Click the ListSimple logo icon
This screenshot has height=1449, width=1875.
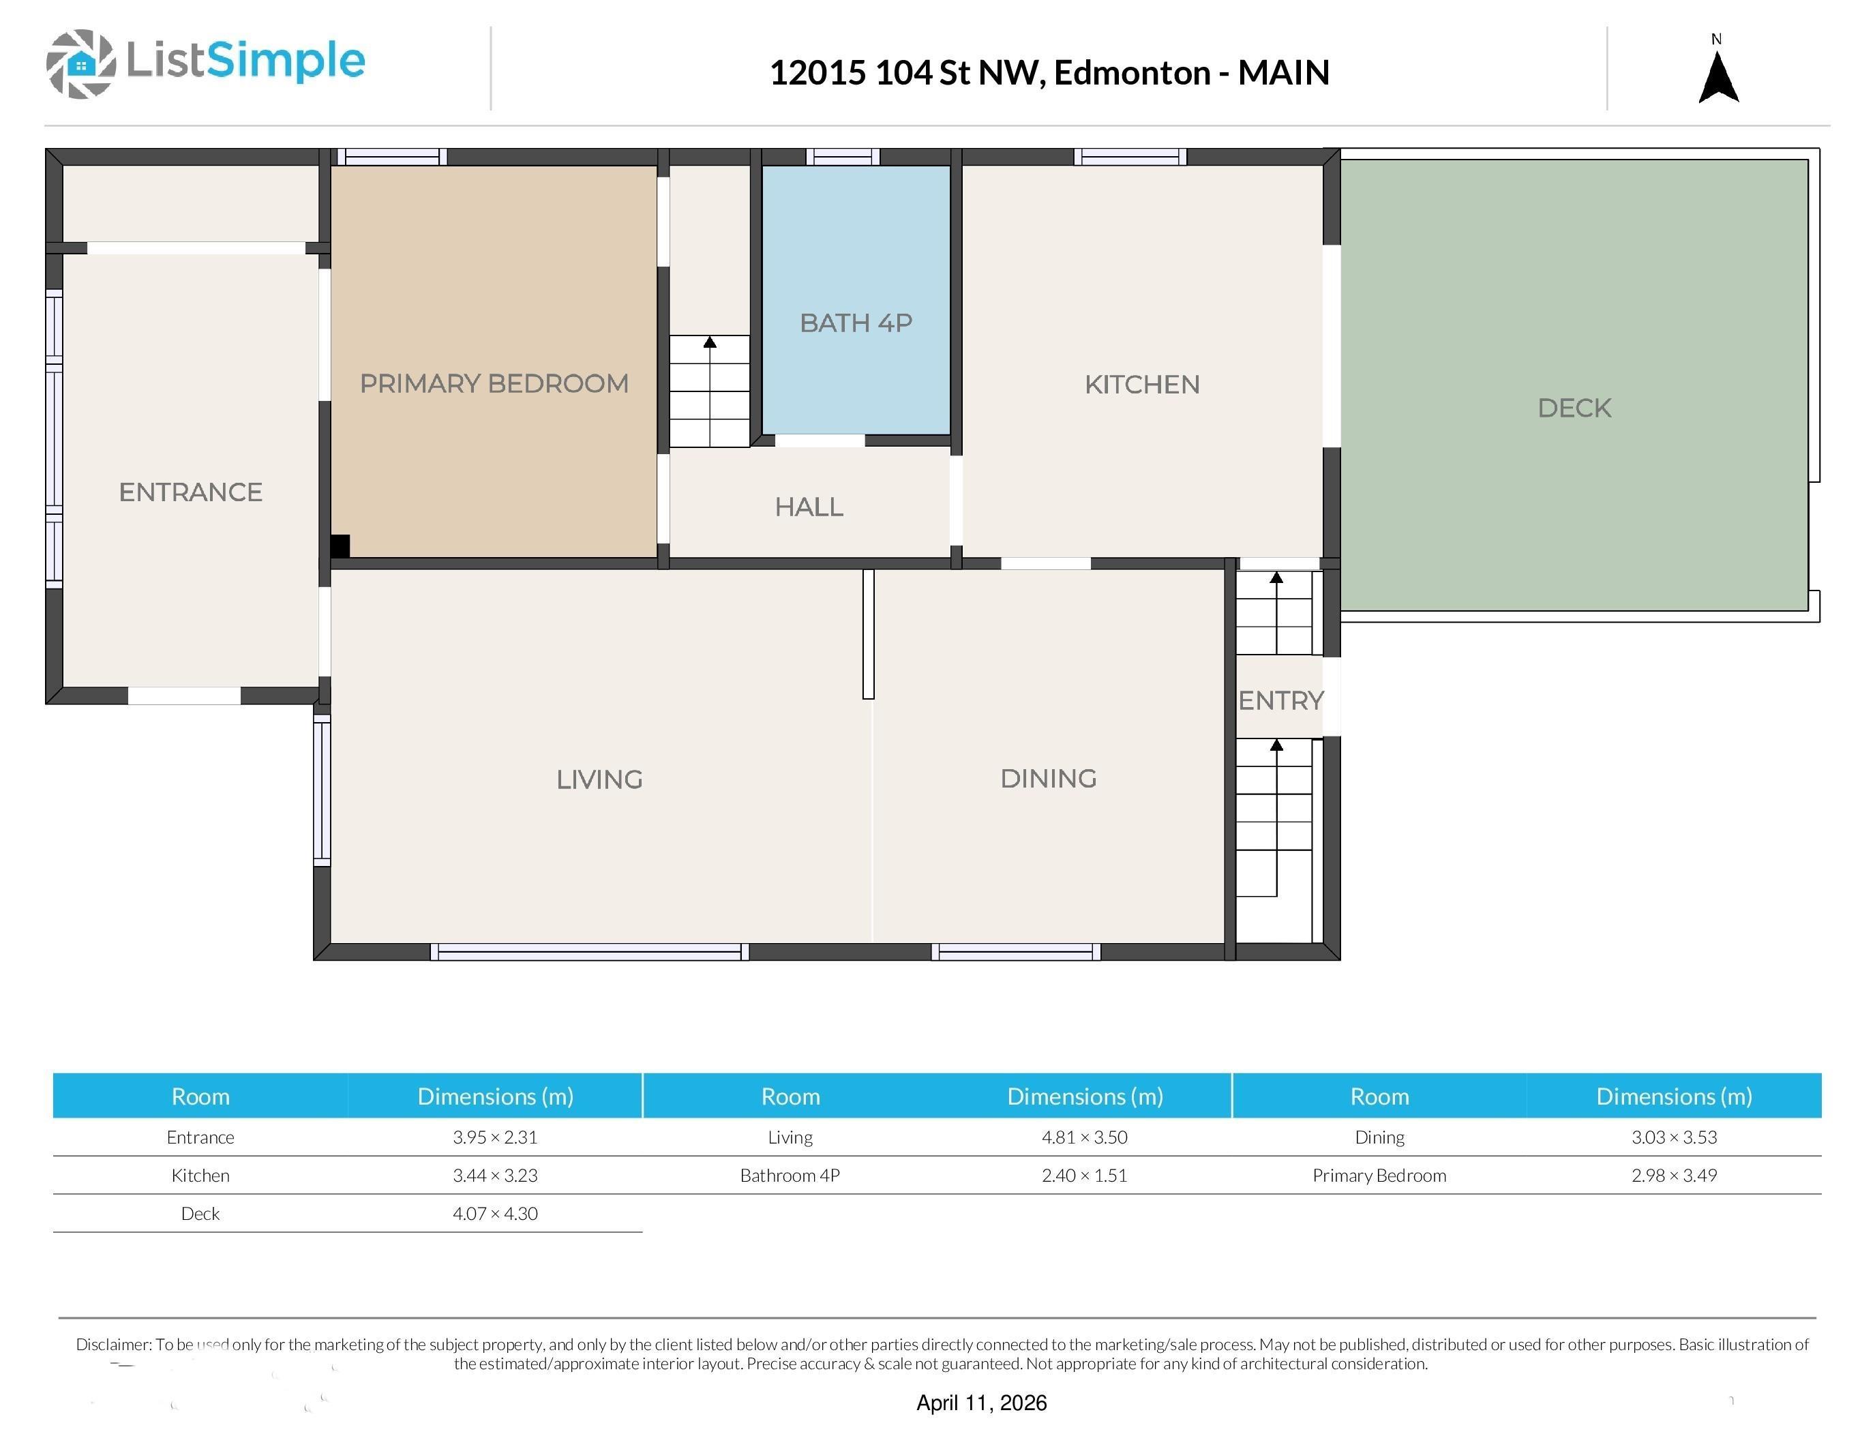pos(80,63)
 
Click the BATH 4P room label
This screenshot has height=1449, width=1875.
pos(856,323)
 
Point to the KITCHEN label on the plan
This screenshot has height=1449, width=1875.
pos(1142,385)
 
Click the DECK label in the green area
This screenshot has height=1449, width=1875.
pos(1574,408)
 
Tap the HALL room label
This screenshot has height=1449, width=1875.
pos(809,507)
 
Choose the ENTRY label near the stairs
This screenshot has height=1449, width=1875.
pos(1281,700)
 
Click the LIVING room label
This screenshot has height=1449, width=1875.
pos(599,779)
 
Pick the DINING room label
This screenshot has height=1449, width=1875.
pos(1048,779)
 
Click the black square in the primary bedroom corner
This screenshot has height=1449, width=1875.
pos(340,546)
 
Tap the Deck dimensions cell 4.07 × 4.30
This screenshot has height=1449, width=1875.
pos(496,1214)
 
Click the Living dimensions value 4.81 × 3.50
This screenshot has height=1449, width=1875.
pos(1084,1137)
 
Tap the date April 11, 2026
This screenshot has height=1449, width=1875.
pos(981,1403)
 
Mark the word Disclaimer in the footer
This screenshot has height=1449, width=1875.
pos(112,1344)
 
